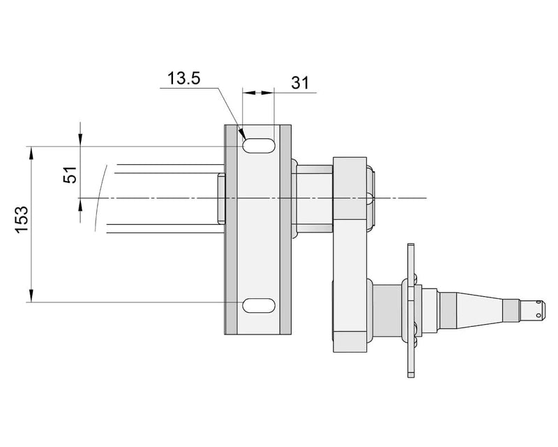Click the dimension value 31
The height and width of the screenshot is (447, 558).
[x=300, y=82]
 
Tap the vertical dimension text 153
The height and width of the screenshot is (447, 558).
[x=22, y=219]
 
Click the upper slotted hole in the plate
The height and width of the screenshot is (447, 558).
[x=257, y=145]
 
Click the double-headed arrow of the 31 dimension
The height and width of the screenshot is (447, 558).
[x=257, y=91]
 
